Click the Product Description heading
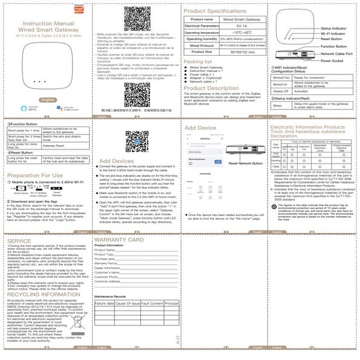point(212,88)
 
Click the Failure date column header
point(105,303)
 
